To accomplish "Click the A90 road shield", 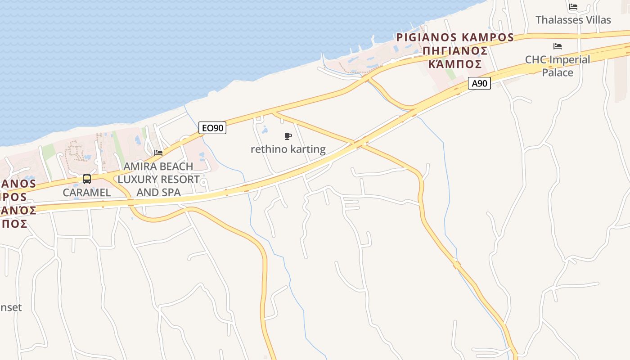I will (479, 83).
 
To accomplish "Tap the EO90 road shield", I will (212, 128).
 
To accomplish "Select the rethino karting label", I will (288, 149).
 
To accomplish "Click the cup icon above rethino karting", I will (288, 136).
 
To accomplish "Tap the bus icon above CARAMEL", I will (87, 179).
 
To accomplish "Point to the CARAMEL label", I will (87, 192).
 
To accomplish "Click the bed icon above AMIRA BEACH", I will (158, 153).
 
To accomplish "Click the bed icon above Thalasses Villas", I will (573, 7).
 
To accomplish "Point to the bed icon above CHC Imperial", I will (558, 46).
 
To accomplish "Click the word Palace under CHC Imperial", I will (558, 72).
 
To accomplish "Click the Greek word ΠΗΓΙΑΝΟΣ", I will (455, 50).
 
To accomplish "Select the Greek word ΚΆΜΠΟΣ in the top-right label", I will (455, 63).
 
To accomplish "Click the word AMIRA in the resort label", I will (140, 166).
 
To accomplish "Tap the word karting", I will (308, 149).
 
